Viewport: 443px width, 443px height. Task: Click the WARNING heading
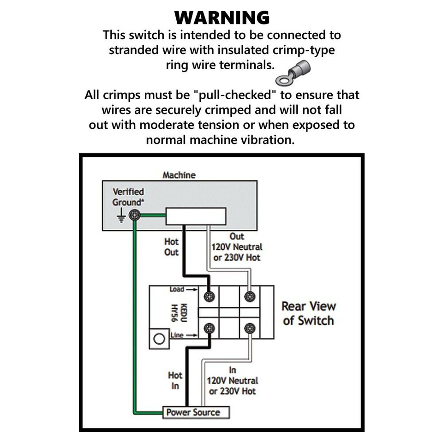pos(221,18)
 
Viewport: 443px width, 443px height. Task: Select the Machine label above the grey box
pos(179,175)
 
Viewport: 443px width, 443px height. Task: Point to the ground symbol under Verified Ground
pos(121,215)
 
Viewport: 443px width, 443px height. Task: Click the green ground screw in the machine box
pos(134,215)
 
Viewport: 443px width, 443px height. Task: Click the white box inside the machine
pos(196,216)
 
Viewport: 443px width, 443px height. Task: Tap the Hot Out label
pos(171,247)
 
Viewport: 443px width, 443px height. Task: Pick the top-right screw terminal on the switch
pos(250,296)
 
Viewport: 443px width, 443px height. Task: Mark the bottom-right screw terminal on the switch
pos(250,329)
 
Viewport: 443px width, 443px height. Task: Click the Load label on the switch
pos(177,289)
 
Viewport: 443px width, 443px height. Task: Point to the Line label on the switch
pos(177,335)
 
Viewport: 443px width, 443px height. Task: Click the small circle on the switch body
pos(159,339)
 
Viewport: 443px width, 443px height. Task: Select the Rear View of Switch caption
pos(309,313)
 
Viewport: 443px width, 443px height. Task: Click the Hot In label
pos(175,381)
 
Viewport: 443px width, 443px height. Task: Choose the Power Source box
pos(196,412)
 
